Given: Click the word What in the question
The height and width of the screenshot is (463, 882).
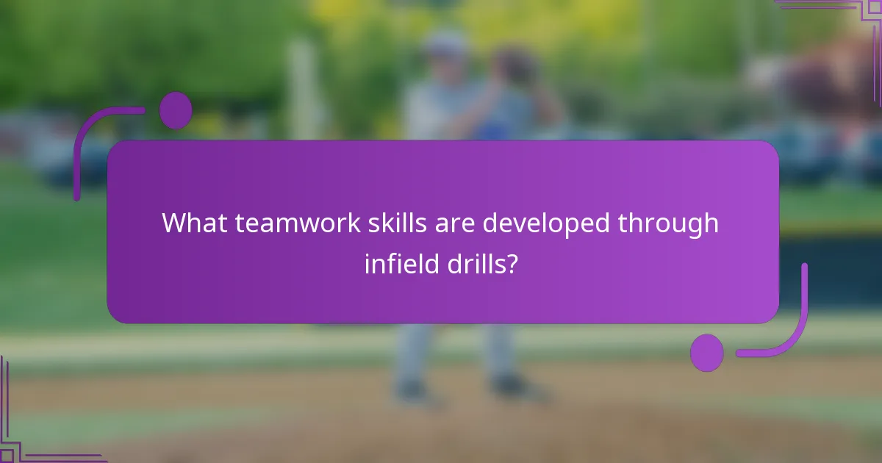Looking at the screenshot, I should pos(195,223).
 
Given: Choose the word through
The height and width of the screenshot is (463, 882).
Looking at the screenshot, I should pos(669,223).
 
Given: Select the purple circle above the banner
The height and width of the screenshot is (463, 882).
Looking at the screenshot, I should pos(176,110).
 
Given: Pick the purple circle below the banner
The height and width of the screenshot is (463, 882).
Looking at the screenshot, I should pos(706,353).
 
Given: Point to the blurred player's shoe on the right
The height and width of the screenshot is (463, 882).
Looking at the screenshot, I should pos(510,386).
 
